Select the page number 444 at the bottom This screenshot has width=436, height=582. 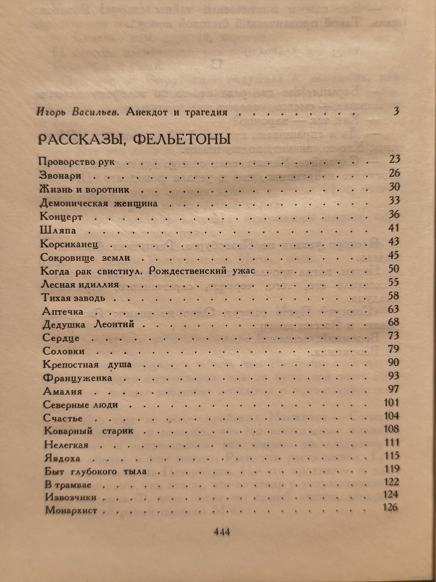click(221, 532)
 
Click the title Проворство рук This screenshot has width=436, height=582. click(77, 162)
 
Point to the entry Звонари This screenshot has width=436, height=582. click(61, 176)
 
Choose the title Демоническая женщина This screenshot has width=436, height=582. click(99, 203)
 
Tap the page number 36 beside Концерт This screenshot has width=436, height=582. click(394, 214)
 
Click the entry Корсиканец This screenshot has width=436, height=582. click(72, 244)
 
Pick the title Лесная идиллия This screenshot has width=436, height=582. click(80, 285)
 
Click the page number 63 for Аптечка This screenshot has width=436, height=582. click(393, 309)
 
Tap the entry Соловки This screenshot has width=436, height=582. click(64, 351)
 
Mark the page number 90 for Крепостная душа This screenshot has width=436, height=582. click(393, 362)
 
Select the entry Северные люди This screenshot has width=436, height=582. click(81, 405)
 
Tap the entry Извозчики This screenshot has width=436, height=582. click(71, 497)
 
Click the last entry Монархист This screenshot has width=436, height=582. click(71, 510)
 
